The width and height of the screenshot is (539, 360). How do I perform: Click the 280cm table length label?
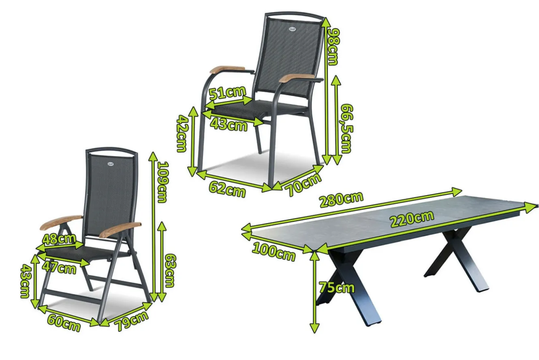tap(341, 199)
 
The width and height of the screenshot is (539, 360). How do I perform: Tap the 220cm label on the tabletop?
tap(412, 219)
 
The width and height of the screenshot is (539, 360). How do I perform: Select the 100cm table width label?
tap(274, 252)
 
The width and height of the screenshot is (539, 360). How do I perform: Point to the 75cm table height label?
tap(337, 287)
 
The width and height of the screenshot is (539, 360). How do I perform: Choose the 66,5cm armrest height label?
tap(347, 129)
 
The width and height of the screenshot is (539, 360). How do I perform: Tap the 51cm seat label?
tap(227, 92)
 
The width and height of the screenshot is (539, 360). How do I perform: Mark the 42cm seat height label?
tap(182, 133)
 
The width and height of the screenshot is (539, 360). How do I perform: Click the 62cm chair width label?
tap(227, 189)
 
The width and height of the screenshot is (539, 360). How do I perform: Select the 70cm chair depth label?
tap(303, 184)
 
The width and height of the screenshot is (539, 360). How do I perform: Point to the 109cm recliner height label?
tap(163, 182)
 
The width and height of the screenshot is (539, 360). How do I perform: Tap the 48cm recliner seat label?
tap(59, 239)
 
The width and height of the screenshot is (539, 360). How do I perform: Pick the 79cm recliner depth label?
tap(132, 321)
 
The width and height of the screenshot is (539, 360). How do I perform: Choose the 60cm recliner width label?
tap(64, 323)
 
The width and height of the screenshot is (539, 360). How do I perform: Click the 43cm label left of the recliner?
tap(26, 281)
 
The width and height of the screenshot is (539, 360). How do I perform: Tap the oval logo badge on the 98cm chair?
tap(292, 29)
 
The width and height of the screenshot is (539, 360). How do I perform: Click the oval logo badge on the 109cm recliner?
tap(111, 163)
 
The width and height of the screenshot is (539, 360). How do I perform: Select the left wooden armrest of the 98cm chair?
tap(227, 69)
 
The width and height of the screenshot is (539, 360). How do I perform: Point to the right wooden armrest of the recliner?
tap(120, 229)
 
